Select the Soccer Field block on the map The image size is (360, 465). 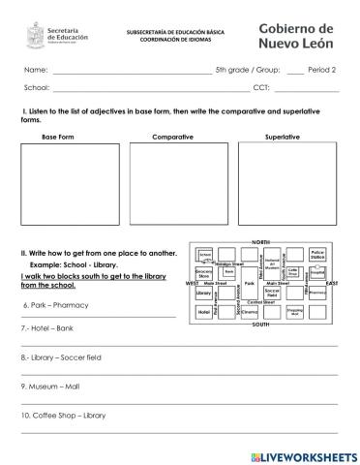272,293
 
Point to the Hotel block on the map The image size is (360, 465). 203,312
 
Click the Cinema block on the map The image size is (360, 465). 249,312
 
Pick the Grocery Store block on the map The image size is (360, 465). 204,274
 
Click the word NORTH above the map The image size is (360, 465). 260,239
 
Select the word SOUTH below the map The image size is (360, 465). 260,325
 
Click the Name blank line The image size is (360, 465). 131,72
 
